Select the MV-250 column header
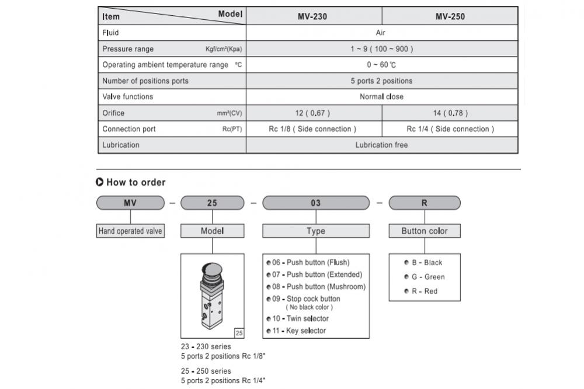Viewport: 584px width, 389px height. [450, 16]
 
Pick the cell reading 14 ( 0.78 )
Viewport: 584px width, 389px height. [450, 113]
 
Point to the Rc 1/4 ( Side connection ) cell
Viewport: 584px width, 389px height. [450, 129]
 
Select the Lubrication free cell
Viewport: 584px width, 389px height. [382, 145]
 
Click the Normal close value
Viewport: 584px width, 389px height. [382, 97]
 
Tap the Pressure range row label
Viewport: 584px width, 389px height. [128, 49]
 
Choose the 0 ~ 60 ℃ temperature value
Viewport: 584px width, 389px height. [382, 65]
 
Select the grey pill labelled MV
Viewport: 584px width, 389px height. [130, 203]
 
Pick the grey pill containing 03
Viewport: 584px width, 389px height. [316, 203]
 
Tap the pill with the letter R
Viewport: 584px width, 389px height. [425, 203]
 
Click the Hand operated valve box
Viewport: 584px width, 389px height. [130, 231]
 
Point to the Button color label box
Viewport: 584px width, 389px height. [425, 231]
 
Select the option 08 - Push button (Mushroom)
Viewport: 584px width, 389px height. [316, 287]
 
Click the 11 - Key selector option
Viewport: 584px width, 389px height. [296, 331]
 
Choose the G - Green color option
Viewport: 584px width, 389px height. [425, 277]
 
